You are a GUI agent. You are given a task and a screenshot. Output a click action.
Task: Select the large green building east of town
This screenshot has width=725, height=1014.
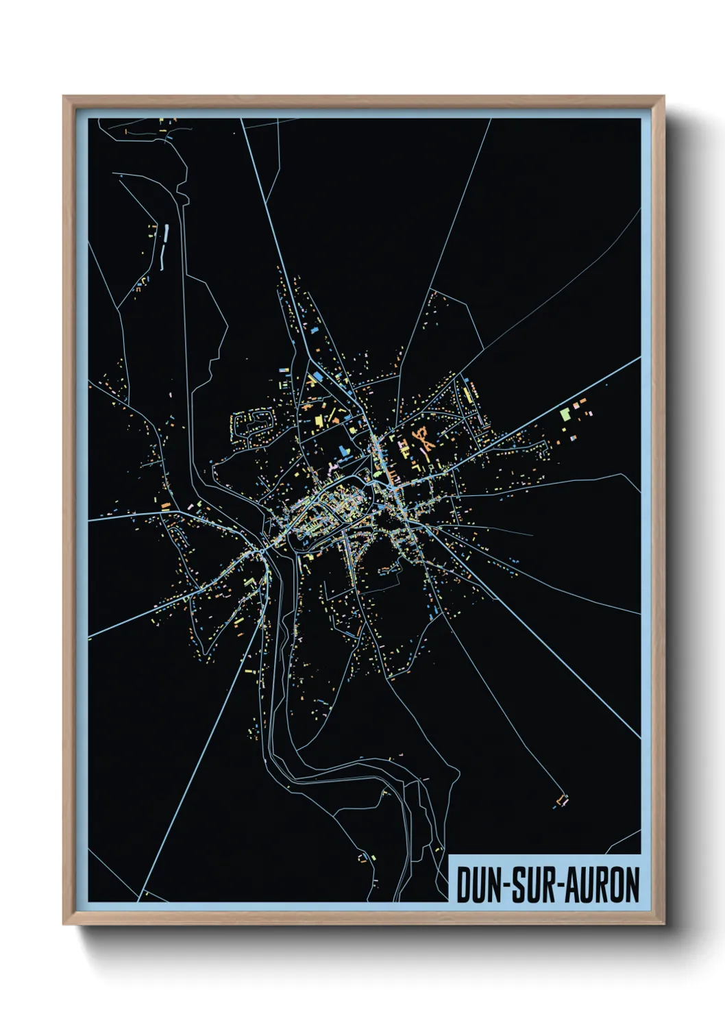(565, 414)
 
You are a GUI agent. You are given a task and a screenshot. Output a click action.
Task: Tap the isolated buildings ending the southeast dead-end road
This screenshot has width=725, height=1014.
(563, 800)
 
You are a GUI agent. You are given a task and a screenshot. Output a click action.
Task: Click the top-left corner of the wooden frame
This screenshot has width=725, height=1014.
(64, 97)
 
